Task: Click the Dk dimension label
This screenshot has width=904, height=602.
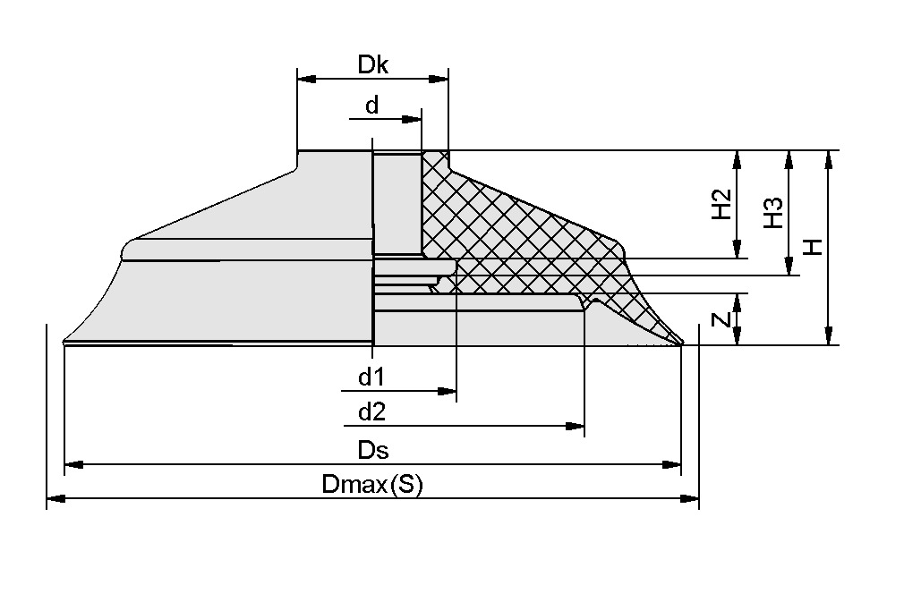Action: [x=372, y=64]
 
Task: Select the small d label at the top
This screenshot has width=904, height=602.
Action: [x=371, y=106]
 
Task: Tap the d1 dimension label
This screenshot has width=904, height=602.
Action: [x=371, y=377]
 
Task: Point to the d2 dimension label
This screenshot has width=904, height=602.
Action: [x=371, y=412]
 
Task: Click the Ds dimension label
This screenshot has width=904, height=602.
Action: [x=373, y=450]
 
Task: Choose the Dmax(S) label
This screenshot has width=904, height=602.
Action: [x=371, y=485]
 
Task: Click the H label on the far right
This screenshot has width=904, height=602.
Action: [x=813, y=247]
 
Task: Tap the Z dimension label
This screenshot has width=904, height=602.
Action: [x=723, y=319]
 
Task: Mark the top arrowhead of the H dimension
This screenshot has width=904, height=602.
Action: [x=829, y=160]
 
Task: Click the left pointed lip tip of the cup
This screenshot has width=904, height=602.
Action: [x=65, y=342]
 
